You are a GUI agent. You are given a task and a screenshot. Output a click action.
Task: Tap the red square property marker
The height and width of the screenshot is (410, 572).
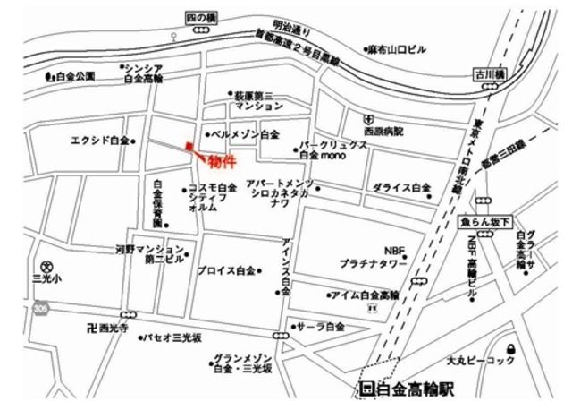189,146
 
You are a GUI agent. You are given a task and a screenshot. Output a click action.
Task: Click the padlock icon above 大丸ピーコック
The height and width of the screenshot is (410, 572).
509,346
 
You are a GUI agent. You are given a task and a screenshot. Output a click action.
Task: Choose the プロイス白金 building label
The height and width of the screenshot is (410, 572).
226,269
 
